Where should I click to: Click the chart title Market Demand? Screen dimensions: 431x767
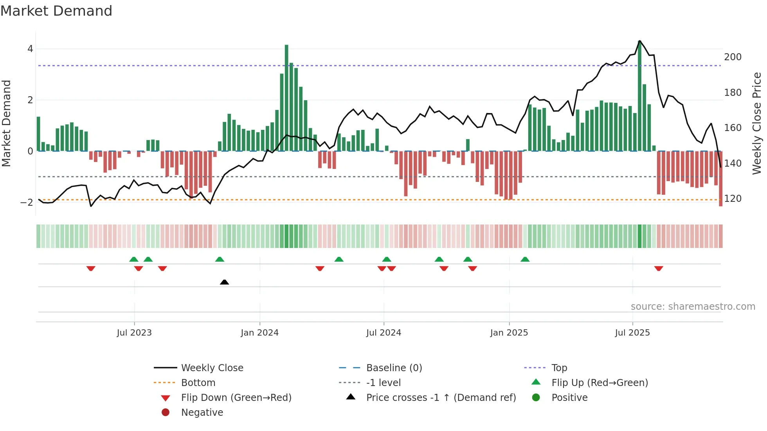tap(56, 11)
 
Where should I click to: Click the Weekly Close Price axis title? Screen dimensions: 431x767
tap(757, 123)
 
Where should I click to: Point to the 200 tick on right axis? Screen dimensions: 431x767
tap(733, 57)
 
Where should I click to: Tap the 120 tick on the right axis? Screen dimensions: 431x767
tap(733, 199)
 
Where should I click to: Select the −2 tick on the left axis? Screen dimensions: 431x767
tap(27, 202)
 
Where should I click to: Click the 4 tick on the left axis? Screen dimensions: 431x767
tap(30, 49)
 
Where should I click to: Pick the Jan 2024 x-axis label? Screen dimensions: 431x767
tap(259, 333)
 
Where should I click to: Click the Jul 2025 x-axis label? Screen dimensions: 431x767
tap(632, 333)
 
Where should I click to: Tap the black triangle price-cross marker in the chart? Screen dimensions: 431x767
tap(224, 282)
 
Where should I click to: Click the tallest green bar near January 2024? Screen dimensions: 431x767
tap(286, 98)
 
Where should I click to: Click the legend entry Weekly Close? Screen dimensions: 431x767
tap(212, 368)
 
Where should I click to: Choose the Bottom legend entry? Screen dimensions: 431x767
tap(198, 383)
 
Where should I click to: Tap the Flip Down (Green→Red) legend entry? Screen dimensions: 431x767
tap(236, 398)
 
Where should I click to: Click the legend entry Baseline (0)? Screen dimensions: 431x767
tap(394, 368)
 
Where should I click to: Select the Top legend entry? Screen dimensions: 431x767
tap(559, 368)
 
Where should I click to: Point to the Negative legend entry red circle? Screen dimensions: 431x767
tap(166, 413)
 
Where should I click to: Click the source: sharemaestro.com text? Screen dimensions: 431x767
tap(693, 307)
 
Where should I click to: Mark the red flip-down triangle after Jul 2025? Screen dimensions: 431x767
tap(659, 268)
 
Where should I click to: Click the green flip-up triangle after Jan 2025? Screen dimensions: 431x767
tap(525, 259)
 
